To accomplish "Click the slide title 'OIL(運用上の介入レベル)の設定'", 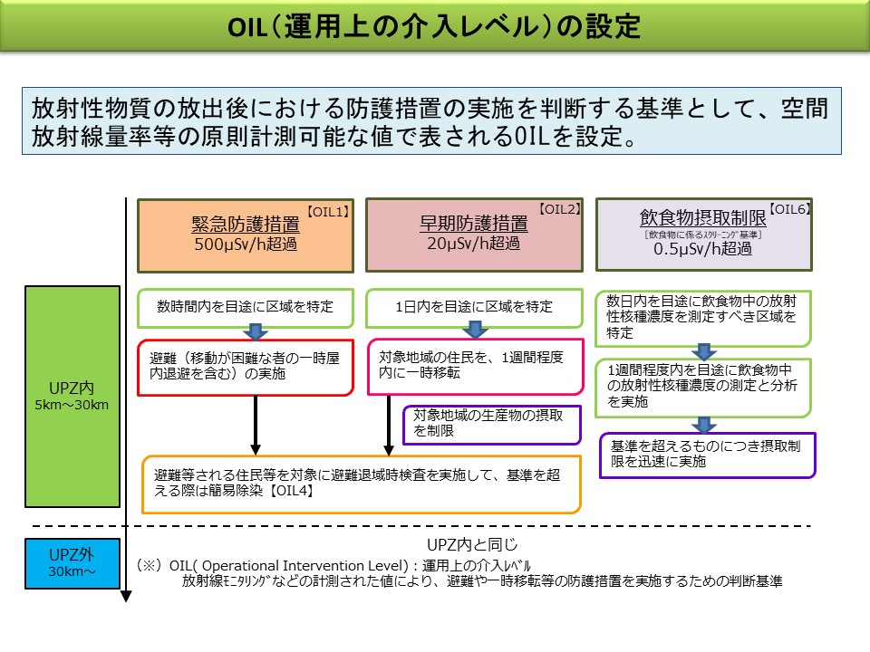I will point(435,26).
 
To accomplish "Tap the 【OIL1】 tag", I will point(328,211).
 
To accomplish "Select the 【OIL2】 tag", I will point(559,209).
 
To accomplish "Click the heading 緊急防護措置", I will point(245,225).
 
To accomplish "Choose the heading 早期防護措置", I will point(473,224).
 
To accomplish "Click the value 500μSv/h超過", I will point(245,244).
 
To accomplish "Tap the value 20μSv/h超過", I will point(473,243).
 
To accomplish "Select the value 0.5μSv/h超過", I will point(702,249).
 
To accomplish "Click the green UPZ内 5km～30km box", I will point(72,397).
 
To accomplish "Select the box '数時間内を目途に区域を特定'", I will point(245,307).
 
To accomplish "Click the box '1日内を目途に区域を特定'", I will point(474,307).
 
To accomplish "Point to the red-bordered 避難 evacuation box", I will point(245,367).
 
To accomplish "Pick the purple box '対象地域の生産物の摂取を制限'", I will point(491,424).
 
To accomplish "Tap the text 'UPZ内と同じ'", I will point(472,544).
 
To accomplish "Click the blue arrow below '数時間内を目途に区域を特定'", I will point(256,332).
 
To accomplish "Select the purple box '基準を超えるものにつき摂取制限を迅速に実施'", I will point(708,454).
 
